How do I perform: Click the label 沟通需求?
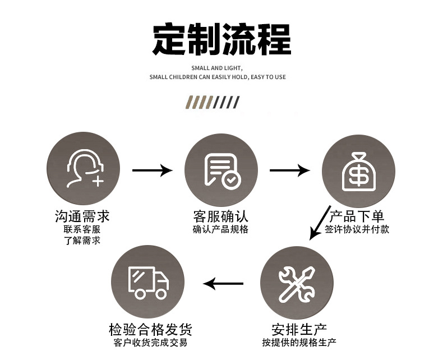tap(82, 216)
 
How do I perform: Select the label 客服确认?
tap(220, 216)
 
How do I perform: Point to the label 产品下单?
tap(357, 216)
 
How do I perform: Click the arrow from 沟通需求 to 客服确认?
tap(152, 169)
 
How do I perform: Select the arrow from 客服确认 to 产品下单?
tap(289, 169)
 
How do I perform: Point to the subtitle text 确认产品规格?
tap(220, 229)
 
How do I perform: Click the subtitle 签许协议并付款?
tap(357, 229)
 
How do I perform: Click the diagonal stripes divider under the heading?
tap(213, 102)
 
